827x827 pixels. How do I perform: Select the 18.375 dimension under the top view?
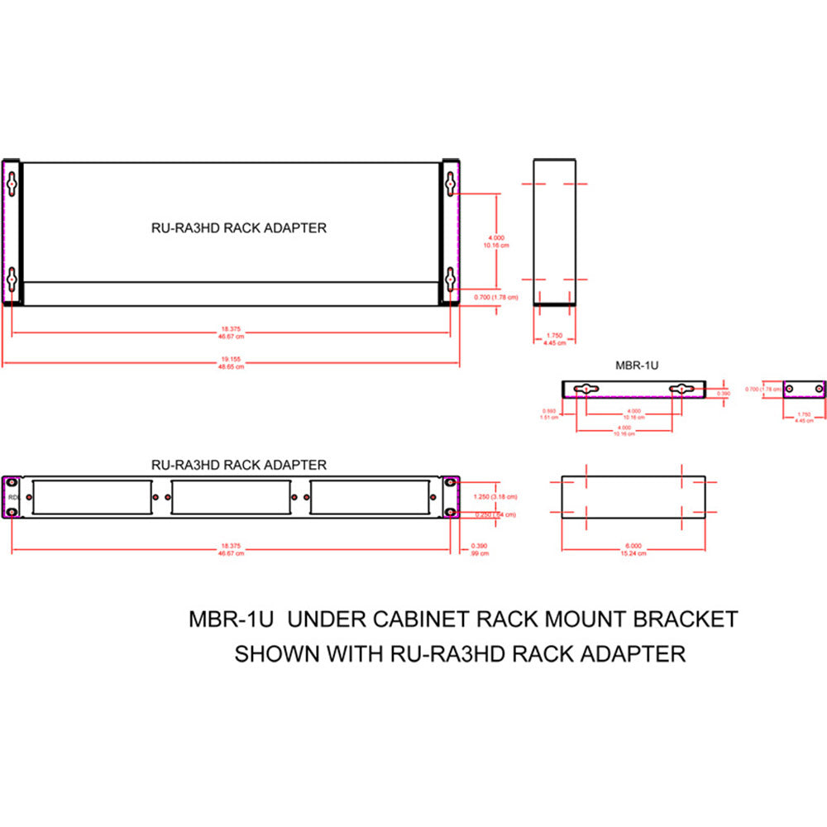(x=231, y=330)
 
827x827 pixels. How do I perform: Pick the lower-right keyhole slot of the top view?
(x=450, y=280)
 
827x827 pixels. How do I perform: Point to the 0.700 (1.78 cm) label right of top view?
(x=496, y=297)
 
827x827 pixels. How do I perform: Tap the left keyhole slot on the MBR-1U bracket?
(x=586, y=389)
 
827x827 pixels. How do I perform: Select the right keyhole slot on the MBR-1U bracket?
(x=681, y=389)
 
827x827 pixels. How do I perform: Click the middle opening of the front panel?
(x=231, y=497)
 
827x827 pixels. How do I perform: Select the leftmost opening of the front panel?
(x=93, y=497)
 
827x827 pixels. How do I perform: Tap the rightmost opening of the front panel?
(x=369, y=497)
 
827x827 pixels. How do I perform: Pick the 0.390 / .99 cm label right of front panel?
(x=479, y=549)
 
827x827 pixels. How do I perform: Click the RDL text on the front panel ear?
(x=12, y=498)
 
